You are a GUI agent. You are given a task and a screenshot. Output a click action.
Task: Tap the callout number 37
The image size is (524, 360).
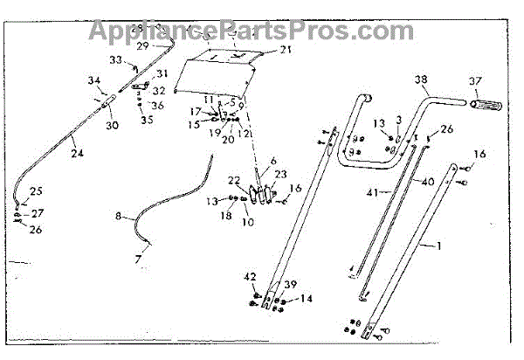click(476, 82)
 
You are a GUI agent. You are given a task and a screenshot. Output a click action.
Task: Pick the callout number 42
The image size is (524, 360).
click(252, 277)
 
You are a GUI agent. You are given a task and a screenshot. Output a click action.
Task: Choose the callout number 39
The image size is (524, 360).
click(291, 286)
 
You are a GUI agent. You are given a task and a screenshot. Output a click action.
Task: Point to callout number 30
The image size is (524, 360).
click(113, 125)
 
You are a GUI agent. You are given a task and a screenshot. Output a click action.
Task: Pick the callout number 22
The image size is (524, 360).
click(234, 180)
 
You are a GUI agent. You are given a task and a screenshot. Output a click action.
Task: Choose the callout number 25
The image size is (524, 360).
click(36, 190)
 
